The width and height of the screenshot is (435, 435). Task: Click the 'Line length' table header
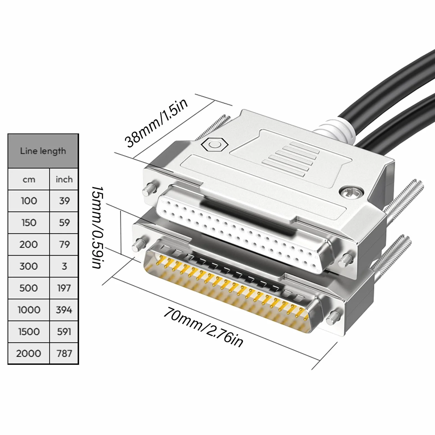click(43, 151)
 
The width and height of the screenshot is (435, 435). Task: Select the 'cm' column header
click(29, 179)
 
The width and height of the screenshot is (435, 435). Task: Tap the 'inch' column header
click(64, 179)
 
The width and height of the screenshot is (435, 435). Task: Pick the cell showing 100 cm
click(29, 201)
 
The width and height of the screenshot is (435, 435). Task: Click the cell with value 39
click(64, 201)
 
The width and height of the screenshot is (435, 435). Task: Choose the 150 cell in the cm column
click(29, 222)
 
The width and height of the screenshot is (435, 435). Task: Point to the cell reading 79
click(64, 244)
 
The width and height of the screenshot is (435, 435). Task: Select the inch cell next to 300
click(64, 266)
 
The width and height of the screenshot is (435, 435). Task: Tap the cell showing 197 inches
click(64, 288)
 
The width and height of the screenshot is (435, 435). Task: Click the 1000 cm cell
click(29, 310)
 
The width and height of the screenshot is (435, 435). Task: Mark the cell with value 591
click(64, 332)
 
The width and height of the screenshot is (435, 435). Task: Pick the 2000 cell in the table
click(29, 353)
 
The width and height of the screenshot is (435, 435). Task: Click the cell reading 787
click(64, 353)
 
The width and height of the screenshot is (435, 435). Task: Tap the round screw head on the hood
click(347, 191)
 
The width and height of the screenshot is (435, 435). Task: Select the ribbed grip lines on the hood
click(290, 159)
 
